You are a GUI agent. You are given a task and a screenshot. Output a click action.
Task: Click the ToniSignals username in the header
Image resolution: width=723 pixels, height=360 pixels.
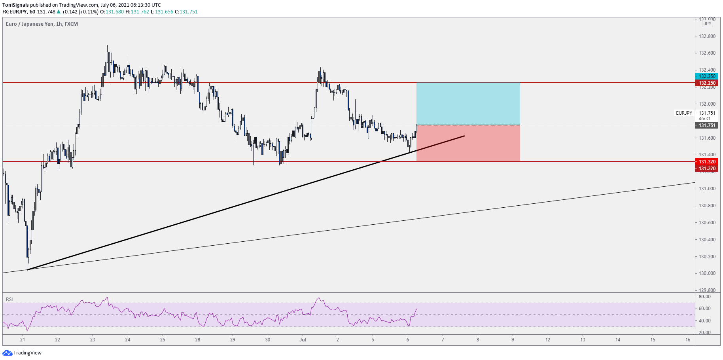click(x=16, y=5)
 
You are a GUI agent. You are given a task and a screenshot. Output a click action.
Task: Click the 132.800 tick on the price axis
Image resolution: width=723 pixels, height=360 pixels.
click(x=707, y=36)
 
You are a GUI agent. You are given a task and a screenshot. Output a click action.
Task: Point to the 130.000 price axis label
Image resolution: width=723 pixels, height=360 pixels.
click(x=707, y=273)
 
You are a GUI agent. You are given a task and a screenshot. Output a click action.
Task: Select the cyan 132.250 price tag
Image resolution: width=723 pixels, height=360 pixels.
click(x=707, y=76)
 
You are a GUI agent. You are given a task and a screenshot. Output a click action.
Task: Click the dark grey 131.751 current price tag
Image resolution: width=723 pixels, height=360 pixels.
click(x=707, y=125)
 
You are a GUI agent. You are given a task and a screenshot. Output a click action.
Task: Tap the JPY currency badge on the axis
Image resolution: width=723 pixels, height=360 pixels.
click(x=707, y=24)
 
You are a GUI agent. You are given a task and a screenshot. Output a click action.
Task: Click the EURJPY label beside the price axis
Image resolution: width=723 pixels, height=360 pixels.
click(x=684, y=113)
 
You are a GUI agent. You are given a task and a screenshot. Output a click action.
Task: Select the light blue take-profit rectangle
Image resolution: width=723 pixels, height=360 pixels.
click(x=468, y=104)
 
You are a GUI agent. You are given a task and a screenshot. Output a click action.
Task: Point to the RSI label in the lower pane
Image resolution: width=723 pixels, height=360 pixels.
click(x=9, y=299)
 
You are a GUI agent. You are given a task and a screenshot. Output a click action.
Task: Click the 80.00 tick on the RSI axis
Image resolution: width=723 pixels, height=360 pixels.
click(x=704, y=297)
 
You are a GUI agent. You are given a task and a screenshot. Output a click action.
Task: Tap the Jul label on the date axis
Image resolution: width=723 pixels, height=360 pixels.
click(x=303, y=339)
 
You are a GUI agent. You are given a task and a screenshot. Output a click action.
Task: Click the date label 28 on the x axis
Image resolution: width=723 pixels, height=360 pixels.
click(x=198, y=339)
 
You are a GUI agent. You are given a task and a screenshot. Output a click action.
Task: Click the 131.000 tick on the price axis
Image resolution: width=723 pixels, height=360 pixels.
click(x=707, y=189)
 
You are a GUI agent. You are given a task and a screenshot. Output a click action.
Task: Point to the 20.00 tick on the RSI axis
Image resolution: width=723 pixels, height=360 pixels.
click(x=704, y=333)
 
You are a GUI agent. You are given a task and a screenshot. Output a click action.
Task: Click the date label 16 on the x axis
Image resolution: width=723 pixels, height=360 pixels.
click(x=688, y=339)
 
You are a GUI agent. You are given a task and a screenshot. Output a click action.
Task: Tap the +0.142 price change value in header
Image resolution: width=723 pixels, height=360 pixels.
click(x=70, y=12)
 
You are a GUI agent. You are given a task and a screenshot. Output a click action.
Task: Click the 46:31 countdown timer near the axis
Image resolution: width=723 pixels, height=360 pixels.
click(x=704, y=119)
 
